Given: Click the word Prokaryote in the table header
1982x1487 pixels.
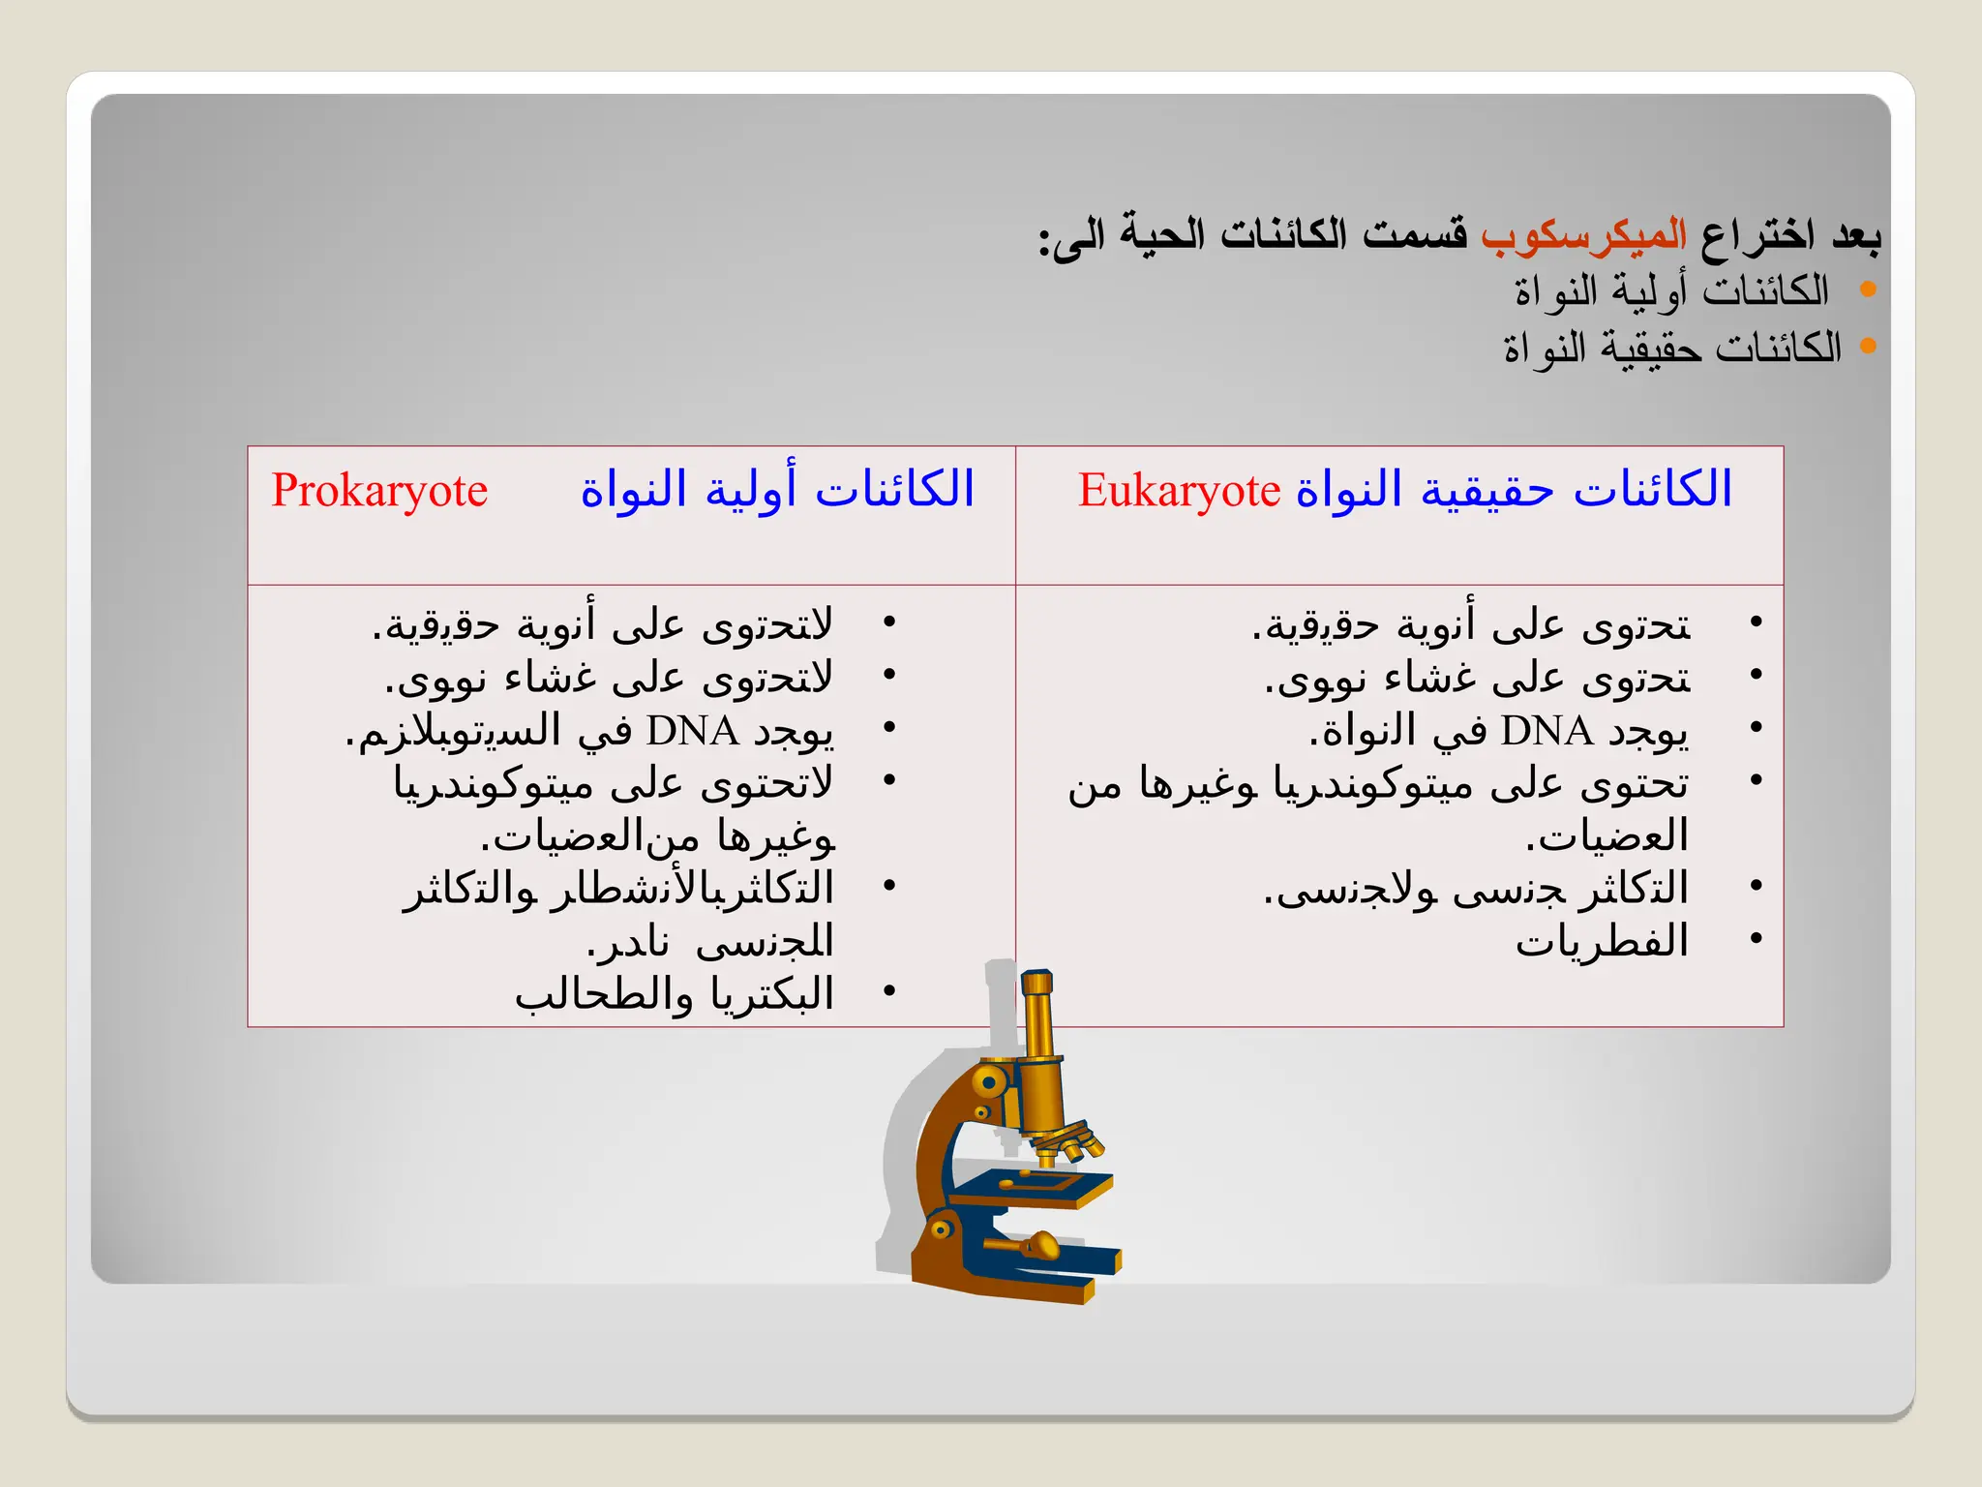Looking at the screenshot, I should coord(379,491).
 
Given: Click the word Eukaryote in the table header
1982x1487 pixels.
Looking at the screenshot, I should coord(1179,491).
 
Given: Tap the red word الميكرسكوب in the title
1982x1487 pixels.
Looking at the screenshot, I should coord(1583,235).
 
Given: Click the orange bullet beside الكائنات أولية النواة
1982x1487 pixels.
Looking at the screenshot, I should coord(1868,289).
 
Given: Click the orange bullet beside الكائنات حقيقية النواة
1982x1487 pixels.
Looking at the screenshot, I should coord(1868,346).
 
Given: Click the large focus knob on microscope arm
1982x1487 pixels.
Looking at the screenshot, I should coord(989,1081).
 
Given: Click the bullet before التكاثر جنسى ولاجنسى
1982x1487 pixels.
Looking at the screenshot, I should coord(1756,886).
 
